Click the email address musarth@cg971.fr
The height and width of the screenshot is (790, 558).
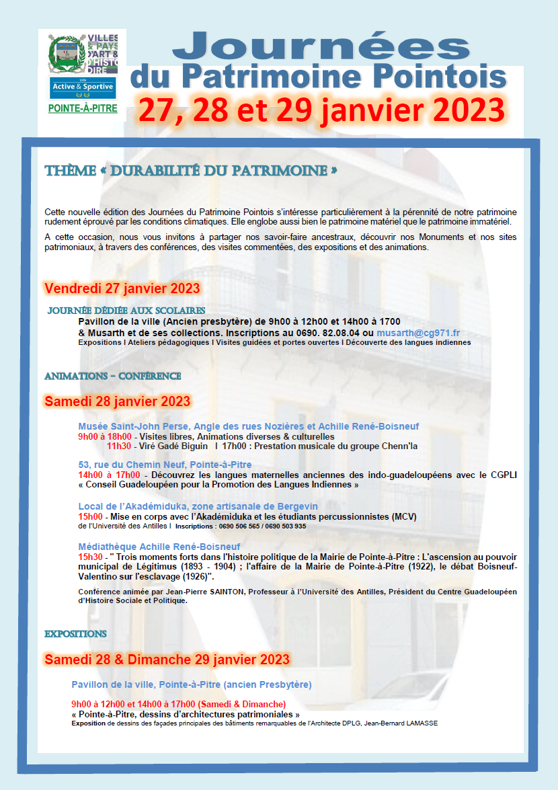(417, 333)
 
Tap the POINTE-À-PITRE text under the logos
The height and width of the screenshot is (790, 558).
(83, 108)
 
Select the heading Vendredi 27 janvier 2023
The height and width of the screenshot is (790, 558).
(122, 288)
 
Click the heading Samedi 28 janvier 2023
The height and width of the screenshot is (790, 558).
(118, 401)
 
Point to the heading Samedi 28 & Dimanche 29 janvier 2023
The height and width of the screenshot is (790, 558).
(167, 658)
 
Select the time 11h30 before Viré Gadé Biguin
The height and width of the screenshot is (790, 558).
(118, 446)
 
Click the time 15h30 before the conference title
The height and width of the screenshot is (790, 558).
(91, 557)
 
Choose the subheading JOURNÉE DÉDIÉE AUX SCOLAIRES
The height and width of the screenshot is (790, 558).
(126, 311)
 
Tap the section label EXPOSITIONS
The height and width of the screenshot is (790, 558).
(75, 633)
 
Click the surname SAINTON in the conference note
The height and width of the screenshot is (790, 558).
(218, 592)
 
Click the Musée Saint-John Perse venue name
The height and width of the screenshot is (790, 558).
(133, 426)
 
